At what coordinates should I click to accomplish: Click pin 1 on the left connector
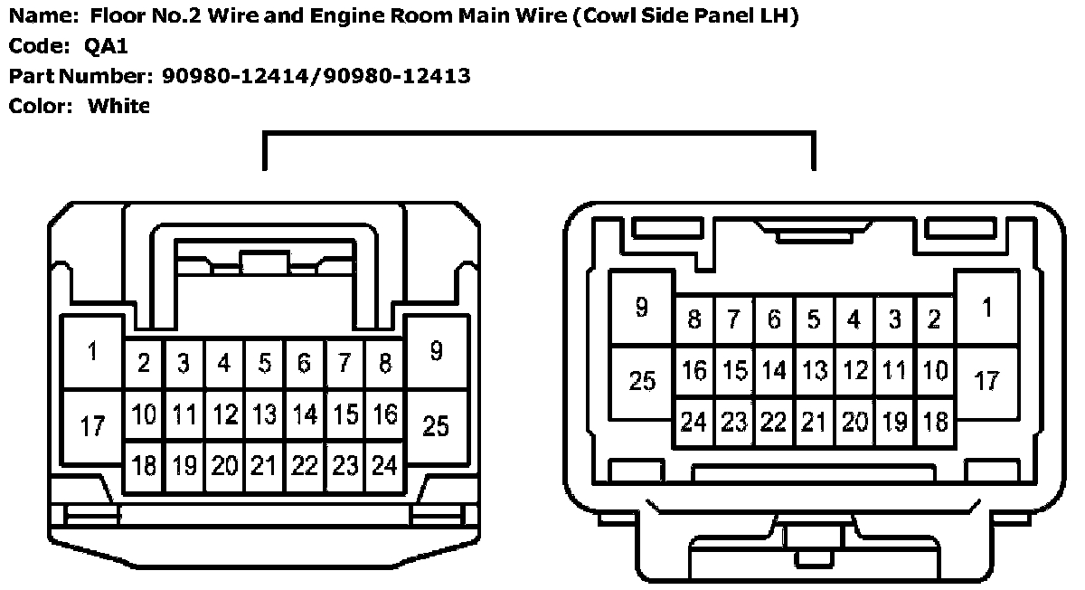click(92, 353)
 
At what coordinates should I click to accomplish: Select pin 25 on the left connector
click(436, 424)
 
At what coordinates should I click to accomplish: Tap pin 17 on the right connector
click(986, 380)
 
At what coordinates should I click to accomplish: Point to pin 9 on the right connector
click(642, 309)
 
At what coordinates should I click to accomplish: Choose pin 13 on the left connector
click(264, 415)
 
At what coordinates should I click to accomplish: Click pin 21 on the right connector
click(814, 422)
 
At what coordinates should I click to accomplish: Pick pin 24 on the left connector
click(385, 466)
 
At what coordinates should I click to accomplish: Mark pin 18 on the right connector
click(937, 422)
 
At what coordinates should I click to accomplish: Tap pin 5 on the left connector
click(264, 364)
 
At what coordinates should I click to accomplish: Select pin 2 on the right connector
click(935, 319)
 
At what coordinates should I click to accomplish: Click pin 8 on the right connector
click(694, 319)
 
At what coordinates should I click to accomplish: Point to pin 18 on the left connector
click(144, 466)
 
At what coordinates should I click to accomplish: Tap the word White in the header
click(118, 106)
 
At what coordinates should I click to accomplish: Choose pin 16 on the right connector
click(694, 370)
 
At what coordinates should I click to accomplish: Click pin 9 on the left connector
click(436, 351)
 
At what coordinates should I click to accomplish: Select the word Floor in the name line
click(114, 15)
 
